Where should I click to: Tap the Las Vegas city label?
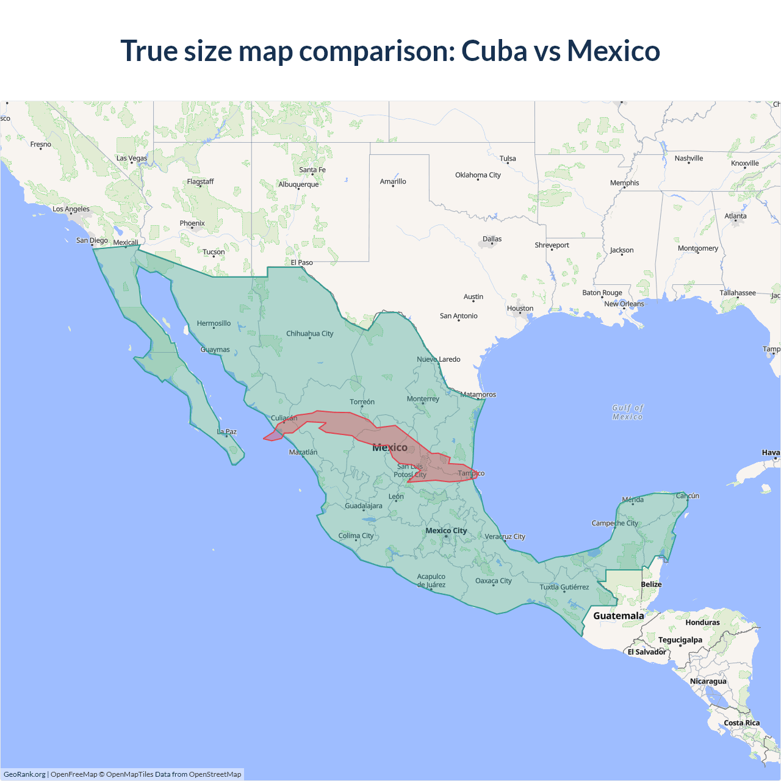(132, 158)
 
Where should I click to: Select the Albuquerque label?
(298, 184)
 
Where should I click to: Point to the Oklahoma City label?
(478, 175)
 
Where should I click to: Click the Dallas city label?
(492, 239)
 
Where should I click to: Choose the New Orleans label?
(624, 304)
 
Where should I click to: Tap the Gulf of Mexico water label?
(628, 412)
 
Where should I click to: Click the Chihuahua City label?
(310, 334)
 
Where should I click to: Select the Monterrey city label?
(423, 399)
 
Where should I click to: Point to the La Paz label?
(227, 432)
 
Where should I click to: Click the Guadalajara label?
(364, 506)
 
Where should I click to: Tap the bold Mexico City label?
(446, 531)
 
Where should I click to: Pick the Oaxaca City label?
(494, 581)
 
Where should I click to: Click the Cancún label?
(687, 496)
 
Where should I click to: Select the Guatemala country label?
(619, 616)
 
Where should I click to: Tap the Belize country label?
(651, 585)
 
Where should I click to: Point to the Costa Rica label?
(742, 723)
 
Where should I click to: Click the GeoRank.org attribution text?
(24, 774)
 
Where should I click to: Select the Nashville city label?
(689, 159)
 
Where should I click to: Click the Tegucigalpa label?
(680, 640)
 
